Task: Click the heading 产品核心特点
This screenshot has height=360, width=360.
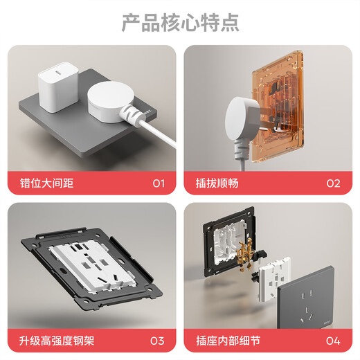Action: tap(180, 22)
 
